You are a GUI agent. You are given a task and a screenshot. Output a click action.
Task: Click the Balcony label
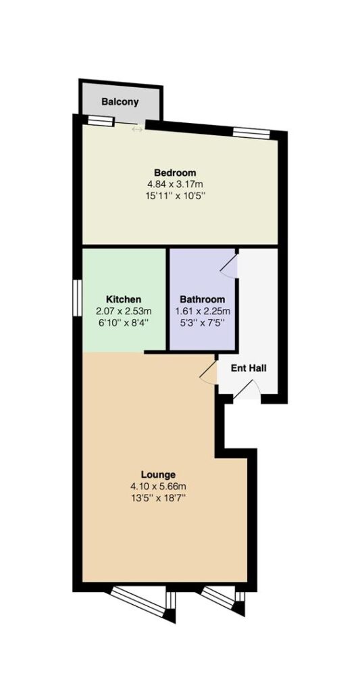tap(120, 102)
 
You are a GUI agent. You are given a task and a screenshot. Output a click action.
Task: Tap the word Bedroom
tap(175, 172)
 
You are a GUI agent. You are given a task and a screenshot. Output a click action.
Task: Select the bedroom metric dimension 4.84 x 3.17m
tap(175, 184)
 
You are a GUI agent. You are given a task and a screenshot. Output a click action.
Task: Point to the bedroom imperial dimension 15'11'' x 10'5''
tap(175, 195)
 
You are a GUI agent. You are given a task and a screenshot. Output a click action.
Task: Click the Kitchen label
tap(124, 299)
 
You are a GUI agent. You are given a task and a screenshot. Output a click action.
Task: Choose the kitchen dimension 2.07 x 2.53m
tap(124, 311)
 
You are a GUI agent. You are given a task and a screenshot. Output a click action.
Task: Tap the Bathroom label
tap(202, 299)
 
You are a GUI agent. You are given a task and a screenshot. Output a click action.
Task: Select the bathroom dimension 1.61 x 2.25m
tap(202, 311)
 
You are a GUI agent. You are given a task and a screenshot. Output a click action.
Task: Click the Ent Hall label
tap(249, 368)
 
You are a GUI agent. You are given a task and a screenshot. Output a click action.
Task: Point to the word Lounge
tap(158, 475)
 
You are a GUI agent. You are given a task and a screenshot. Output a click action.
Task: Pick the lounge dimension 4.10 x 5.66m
tap(158, 487)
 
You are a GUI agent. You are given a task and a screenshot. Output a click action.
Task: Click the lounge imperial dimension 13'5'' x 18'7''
tap(158, 498)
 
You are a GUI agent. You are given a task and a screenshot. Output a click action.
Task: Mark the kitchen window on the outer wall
tap(78, 298)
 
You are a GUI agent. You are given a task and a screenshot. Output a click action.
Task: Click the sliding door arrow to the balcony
tap(137, 129)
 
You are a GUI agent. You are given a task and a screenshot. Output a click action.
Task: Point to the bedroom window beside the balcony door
tap(101, 121)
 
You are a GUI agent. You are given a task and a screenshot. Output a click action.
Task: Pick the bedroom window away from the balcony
tap(251, 132)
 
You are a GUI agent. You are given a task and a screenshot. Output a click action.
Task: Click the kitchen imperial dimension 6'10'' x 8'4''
tap(124, 322)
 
